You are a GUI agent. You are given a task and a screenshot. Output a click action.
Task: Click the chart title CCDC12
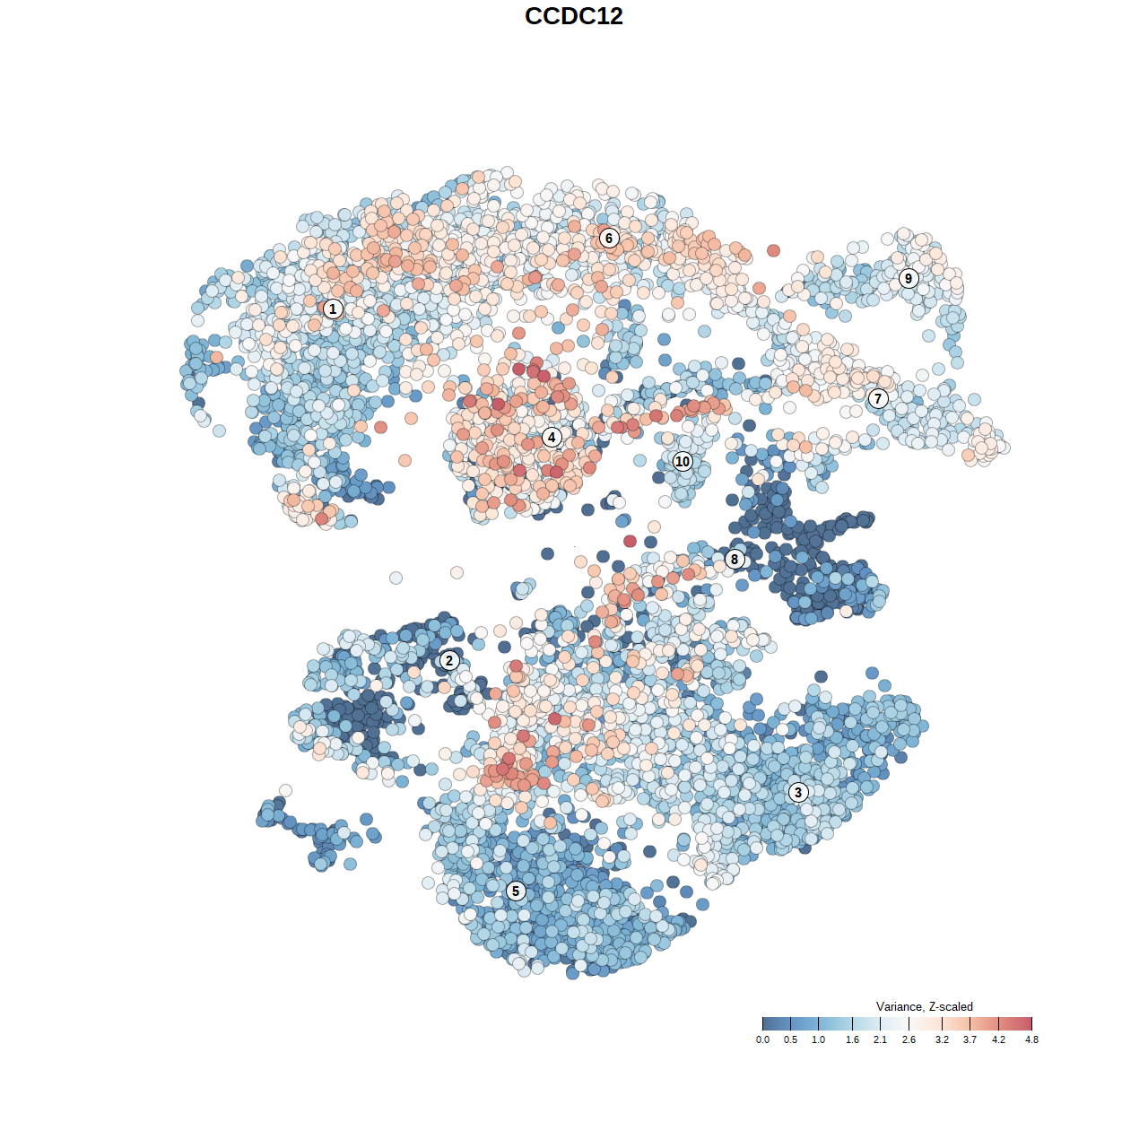pos(573,16)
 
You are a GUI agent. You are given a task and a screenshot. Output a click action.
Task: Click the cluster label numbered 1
pos(333,309)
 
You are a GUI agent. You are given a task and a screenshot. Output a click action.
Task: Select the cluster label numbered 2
pos(449,661)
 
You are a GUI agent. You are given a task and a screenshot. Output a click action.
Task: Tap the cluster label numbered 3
pos(798,792)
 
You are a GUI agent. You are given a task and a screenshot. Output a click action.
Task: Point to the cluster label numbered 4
pos(552,438)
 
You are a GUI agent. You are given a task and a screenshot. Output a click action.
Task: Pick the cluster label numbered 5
pos(516,891)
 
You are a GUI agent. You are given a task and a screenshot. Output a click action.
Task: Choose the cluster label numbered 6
pos(609,238)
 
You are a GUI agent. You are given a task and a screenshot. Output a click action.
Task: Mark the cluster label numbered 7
pos(878,398)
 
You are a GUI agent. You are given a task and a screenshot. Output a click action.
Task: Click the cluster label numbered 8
pos(735,560)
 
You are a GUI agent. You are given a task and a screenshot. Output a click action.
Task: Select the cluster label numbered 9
pos(909,278)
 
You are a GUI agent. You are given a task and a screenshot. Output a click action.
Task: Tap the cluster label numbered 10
pos(683,461)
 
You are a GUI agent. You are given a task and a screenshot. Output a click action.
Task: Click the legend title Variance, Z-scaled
pos(924,1006)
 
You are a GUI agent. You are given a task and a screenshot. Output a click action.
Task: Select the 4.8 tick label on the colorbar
pos(1031,1039)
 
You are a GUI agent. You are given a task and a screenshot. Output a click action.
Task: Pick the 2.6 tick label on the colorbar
pos(909,1039)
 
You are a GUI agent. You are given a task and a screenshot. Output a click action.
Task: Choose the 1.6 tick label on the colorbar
pos(852,1039)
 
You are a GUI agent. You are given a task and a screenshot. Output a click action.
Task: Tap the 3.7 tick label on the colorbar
pos(970,1039)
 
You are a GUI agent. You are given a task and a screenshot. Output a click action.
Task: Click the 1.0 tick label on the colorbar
pos(818,1039)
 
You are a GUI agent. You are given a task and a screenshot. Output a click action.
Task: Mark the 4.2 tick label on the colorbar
pos(998,1039)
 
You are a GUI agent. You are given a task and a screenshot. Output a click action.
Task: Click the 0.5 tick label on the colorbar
pos(790,1039)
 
